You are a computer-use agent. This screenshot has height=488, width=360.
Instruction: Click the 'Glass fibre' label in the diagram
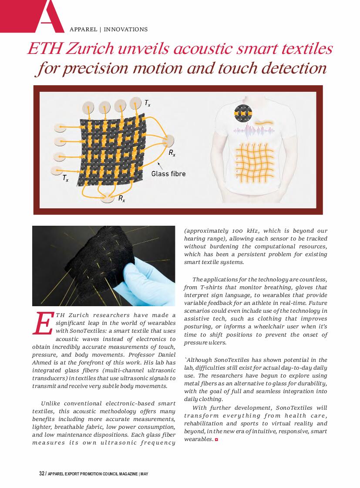click(x=168, y=174)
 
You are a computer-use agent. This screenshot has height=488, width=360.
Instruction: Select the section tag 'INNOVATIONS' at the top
click(x=125, y=30)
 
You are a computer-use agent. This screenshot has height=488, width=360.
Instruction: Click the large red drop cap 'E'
click(x=43, y=324)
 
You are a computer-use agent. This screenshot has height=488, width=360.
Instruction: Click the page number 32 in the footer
click(x=42, y=474)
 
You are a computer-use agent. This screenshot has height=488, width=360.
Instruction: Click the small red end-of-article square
click(x=216, y=440)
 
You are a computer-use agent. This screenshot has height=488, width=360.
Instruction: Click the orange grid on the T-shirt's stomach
click(x=254, y=161)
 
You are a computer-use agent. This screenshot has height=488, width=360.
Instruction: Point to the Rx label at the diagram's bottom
click(x=122, y=199)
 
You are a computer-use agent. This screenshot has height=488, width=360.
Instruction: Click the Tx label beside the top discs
click(x=148, y=103)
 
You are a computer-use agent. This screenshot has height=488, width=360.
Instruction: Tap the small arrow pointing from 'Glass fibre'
click(x=160, y=166)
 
